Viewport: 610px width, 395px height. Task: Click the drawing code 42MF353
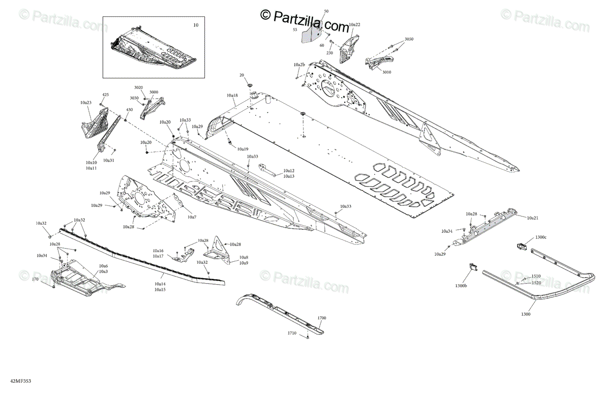[x=13, y=380]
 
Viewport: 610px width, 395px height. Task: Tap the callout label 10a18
[x=232, y=96]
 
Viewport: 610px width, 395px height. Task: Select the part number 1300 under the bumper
[x=526, y=314]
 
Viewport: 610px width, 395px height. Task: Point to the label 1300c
[x=541, y=237]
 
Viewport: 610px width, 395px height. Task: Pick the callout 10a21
[x=533, y=218]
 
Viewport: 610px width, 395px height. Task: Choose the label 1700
[x=321, y=318]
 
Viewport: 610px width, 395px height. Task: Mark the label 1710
[x=292, y=332]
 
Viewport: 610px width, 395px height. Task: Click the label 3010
[x=387, y=72]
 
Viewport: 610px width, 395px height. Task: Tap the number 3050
[x=409, y=39]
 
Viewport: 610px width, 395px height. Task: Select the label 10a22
[x=354, y=24]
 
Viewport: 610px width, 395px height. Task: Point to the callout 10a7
[x=192, y=217]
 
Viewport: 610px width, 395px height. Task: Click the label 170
[x=35, y=279]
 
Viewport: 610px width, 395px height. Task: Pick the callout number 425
[x=106, y=95]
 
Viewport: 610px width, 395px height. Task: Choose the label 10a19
[x=242, y=149]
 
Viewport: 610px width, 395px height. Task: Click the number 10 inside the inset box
[x=196, y=25]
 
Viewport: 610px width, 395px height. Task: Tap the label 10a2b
[x=299, y=65]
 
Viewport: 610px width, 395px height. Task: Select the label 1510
[x=536, y=277]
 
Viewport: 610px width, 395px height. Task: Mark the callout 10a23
[x=85, y=103]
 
